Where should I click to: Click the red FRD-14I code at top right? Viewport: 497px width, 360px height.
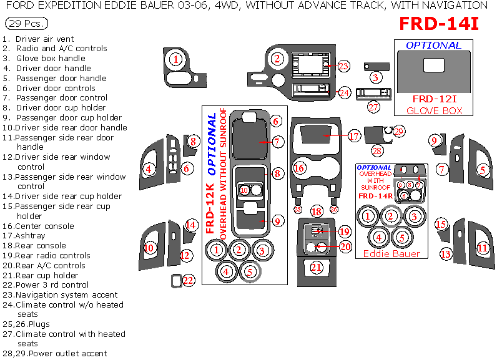tap(439, 24)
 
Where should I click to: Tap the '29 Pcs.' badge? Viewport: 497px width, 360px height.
tap(24, 24)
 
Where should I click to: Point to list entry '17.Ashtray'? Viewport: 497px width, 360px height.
tap(24, 236)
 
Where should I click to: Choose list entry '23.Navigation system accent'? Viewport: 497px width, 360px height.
tap(60, 294)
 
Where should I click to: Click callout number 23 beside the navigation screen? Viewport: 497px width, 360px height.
tap(343, 66)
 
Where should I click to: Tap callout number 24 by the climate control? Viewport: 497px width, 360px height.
tap(344, 92)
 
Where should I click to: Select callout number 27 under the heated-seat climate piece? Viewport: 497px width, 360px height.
tap(373, 107)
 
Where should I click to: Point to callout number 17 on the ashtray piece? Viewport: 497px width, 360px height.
tap(354, 136)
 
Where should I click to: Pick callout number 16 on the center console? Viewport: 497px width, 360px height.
tap(300, 168)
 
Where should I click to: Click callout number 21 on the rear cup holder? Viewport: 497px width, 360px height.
tap(317, 267)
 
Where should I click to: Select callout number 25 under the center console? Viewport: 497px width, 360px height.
tap(298, 210)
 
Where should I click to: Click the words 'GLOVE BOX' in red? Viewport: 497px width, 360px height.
tap(435, 110)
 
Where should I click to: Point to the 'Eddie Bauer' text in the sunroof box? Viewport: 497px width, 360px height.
tap(391, 253)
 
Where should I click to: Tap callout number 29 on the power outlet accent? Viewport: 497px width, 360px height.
tap(399, 131)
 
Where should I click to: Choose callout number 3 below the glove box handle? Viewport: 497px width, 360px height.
tap(375, 77)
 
